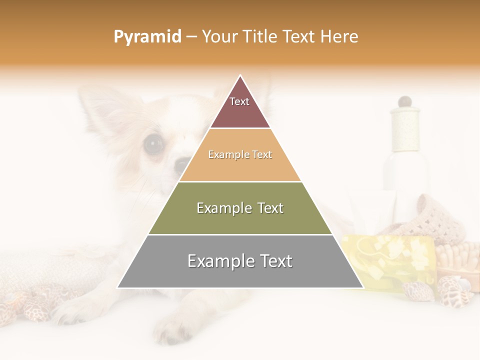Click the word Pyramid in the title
pyautogui.click(x=147, y=37)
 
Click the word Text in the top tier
pyautogui.click(x=239, y=101)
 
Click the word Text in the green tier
pyautogui.click(x=267, y=208)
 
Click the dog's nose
pyautogui.click(x=182, y=164)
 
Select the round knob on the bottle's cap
pyautogui.click(x=404, y=101)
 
